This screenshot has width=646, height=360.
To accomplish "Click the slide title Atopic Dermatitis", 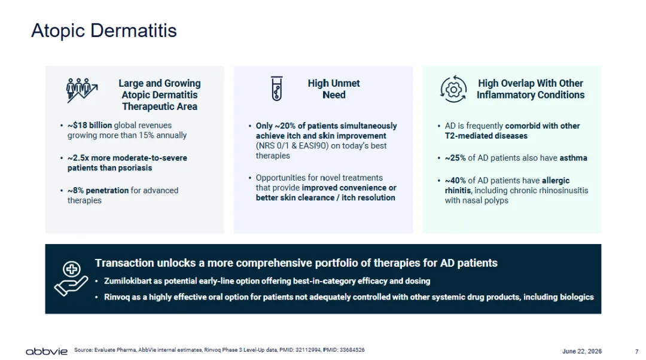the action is point(104,30).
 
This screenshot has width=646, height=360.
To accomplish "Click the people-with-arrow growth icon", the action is point(82,90).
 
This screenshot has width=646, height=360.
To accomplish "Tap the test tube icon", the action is point(277,88).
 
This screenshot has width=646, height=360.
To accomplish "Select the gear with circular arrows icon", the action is point(453,89).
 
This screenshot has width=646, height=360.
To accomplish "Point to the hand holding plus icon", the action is point(71,279).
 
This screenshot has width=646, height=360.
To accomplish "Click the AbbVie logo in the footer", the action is point(47,352).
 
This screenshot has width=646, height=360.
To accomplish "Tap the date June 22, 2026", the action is point(582,352).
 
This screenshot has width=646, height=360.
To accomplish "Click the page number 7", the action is point(636,352).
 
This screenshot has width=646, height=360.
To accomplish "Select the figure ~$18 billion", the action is point(90,125).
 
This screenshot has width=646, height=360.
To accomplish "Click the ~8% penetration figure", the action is point(98,190).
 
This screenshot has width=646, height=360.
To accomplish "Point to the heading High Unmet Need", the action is point(334,89).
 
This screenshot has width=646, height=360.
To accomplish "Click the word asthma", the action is point(573,158).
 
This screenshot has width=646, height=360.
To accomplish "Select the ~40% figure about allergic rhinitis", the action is point(455,181).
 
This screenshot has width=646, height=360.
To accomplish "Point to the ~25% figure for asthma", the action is point(455,158).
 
